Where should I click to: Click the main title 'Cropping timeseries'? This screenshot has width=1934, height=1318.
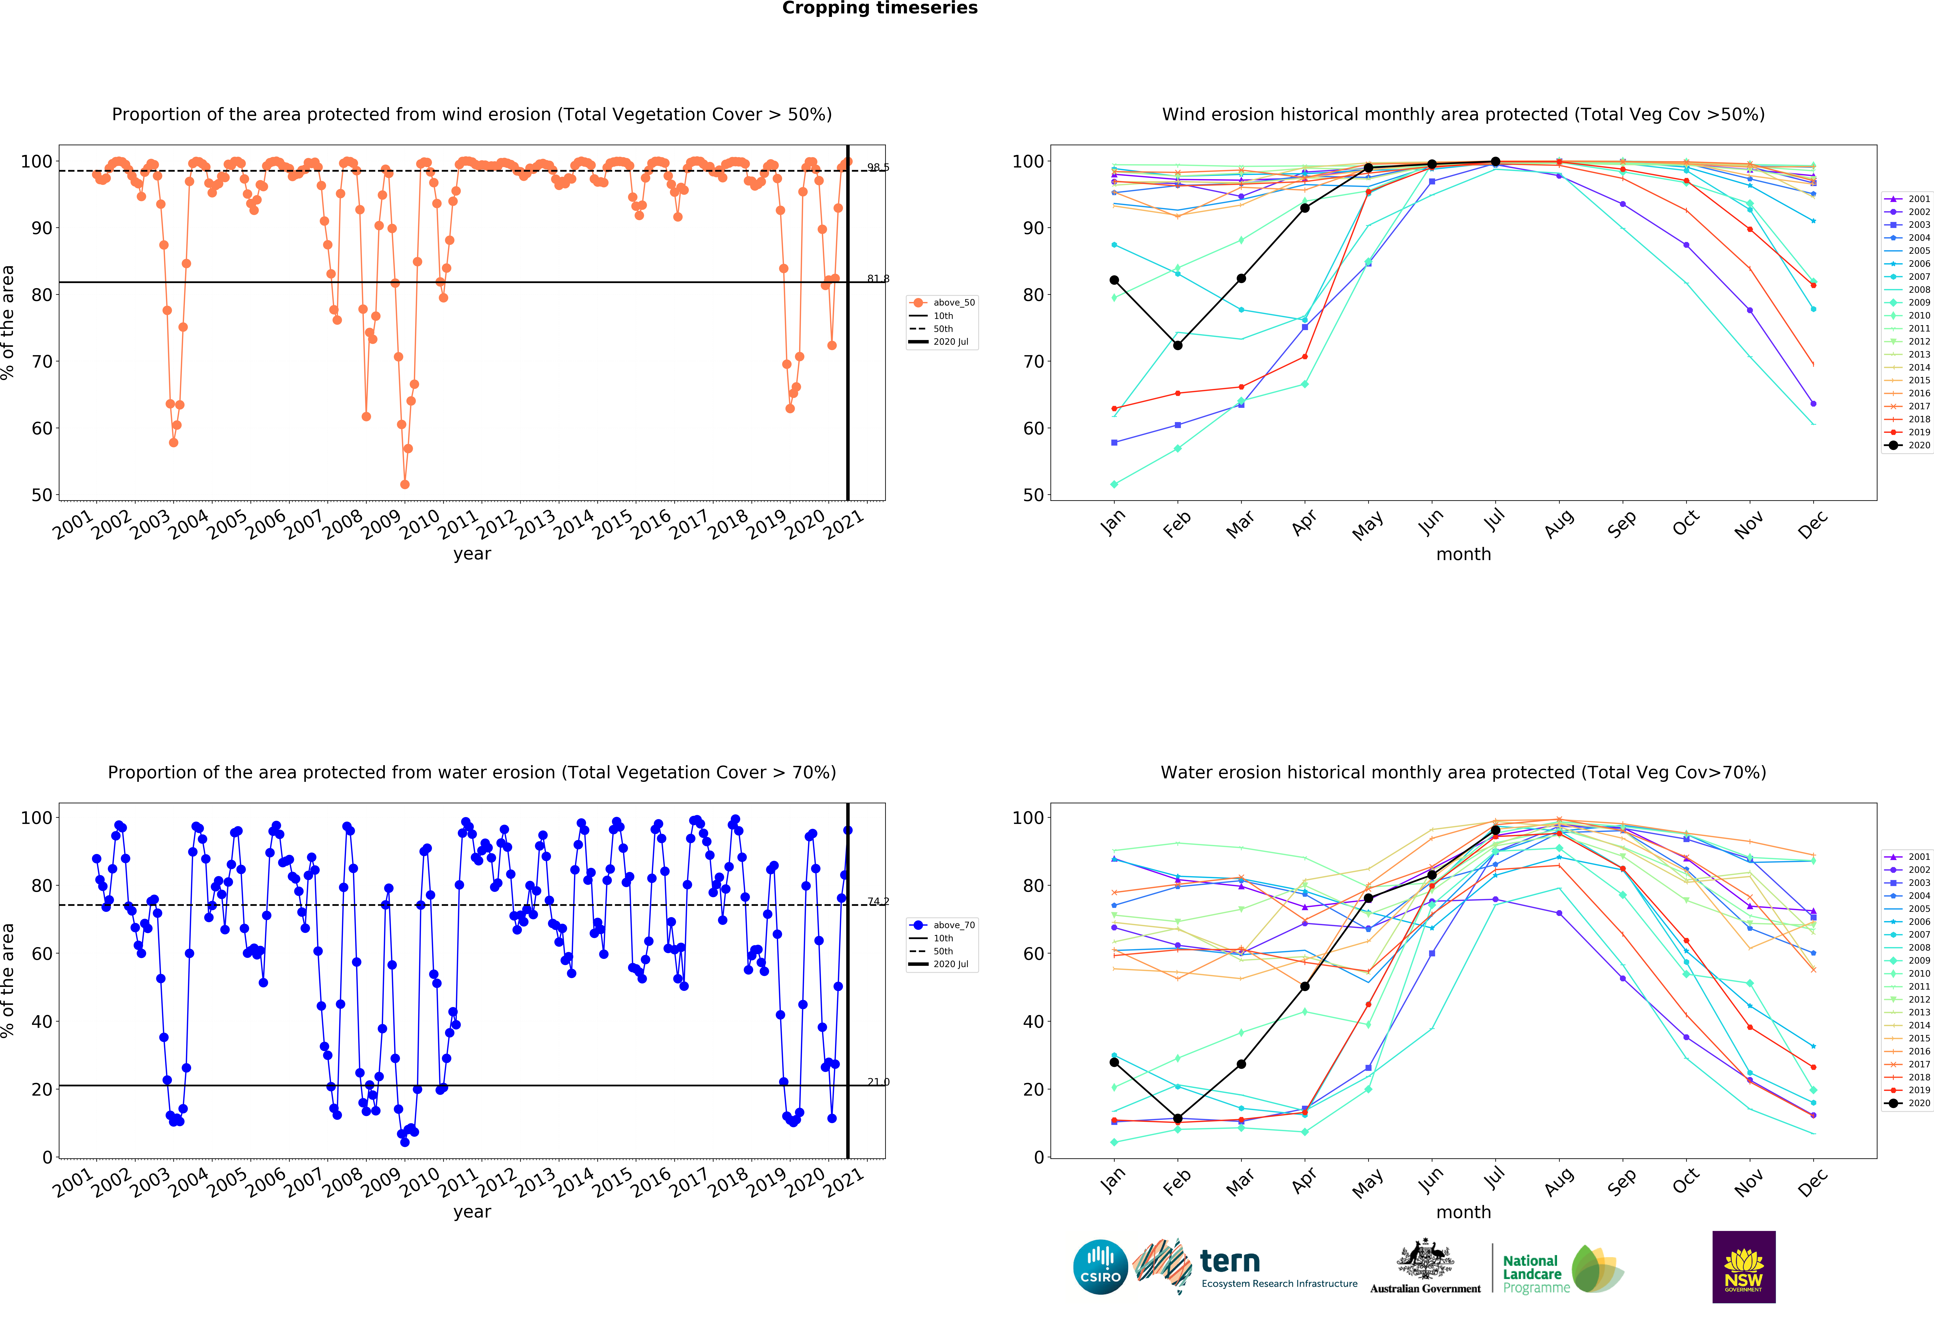pyautogui.click(x=880, y=8)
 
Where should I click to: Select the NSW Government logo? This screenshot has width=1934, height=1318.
pyautogui.click(x=1743, y=1266)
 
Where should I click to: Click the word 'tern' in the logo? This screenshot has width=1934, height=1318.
pyautogui.click(x=1230, y=1261)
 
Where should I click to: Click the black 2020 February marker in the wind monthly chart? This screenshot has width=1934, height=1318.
pyautogui.click(x=1178, y=345)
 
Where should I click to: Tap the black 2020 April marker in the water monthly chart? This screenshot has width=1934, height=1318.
pyautogui.click(x=1305, y=986)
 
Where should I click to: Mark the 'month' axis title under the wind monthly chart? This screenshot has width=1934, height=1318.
pyautogui.click(x=1463, y=554)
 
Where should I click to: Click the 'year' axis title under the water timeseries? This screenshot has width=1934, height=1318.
pyautogui.click(x=472, y=1212)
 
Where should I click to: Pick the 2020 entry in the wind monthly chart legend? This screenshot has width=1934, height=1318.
pyautogui.click(x=1912, y=445)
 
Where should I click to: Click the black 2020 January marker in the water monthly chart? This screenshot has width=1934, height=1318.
pyautogui.click(x=1114, y=1062)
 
